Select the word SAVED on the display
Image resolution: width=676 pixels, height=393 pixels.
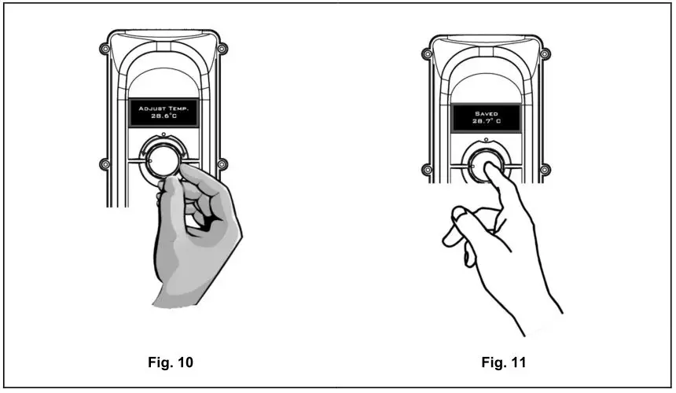click(486, 113)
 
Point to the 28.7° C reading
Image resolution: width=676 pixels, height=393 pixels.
click(486, 123)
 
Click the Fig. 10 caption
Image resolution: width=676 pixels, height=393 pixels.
click(170, 362)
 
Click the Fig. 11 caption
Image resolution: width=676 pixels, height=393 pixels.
click(503, 362)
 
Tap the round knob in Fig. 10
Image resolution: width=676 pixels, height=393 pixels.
click(163, 160)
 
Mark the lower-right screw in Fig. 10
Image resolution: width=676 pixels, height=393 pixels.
click(222, 164)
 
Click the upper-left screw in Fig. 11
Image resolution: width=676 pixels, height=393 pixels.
click(427, 54)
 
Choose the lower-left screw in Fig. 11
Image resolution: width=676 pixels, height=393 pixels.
click(427, 167)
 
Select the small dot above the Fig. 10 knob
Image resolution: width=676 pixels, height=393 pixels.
click(163, 136)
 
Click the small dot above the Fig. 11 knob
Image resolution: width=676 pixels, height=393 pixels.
click(486, 139)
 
